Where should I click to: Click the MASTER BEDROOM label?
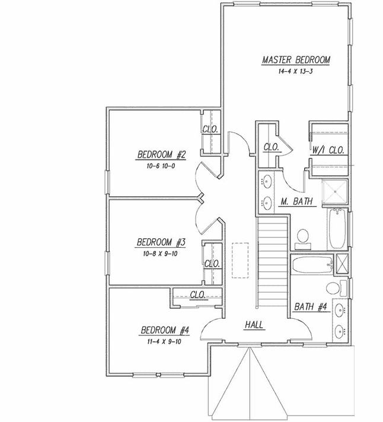(x=296, y=60)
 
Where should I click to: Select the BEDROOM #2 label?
(x=162, y=155)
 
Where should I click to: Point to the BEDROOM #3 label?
(x=162, y=242)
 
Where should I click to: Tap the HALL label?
(x=254, y=325)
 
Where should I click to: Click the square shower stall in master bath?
(x=335, y=191)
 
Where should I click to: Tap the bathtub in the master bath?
(x=336, y=229)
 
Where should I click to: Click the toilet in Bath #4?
(x=335, y=289)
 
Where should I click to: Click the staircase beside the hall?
(x=272, y=261)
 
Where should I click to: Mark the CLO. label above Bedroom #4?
(x=197, y=295)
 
